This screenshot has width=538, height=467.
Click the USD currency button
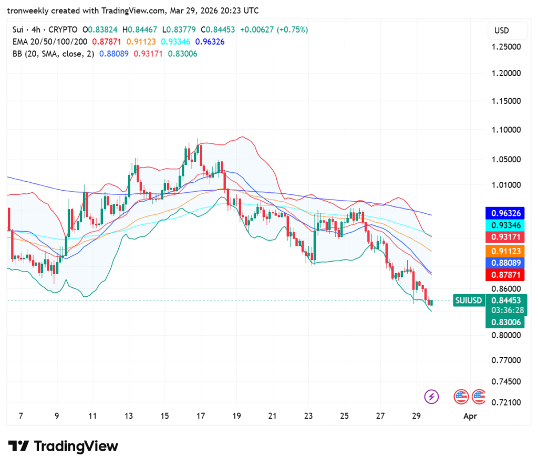502,30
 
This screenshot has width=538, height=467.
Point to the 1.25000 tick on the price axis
506,47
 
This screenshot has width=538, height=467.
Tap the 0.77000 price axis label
506,360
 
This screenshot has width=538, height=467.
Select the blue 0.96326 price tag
506,213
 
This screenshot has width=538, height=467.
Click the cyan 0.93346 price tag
506,225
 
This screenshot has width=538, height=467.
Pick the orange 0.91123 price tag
506,251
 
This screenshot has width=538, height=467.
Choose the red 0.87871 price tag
506,275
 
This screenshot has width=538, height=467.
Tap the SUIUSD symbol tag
468,300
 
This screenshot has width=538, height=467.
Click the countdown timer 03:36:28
506,310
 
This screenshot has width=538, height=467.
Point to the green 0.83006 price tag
506,321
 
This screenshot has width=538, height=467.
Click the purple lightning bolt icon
431,396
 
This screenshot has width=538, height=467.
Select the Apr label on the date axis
469,416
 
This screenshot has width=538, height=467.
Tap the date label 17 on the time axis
201,416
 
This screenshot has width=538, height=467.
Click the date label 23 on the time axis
308,416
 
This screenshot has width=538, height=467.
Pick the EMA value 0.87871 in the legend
107,41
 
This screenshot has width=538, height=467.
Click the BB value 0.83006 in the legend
182,53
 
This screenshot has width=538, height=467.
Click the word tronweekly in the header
27,11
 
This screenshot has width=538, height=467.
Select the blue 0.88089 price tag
506,263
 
